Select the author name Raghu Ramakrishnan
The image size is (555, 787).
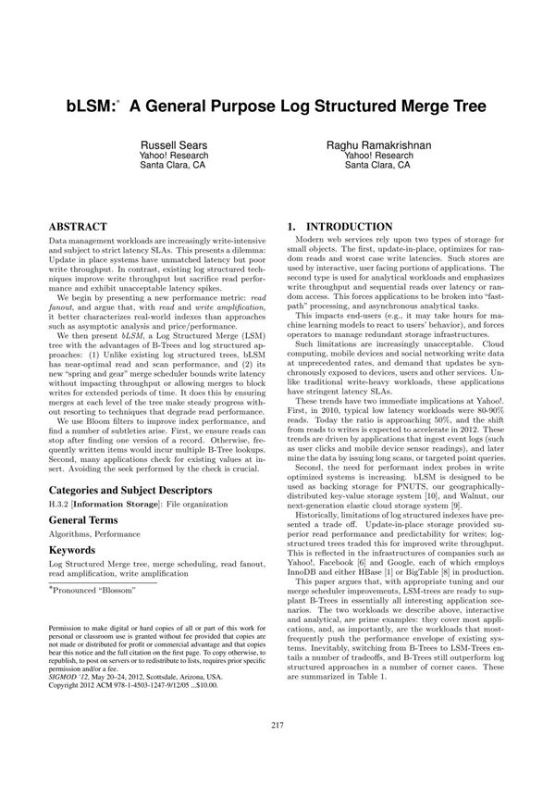pos(379,146)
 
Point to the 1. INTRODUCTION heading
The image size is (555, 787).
pos(340,227)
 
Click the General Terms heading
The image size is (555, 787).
pos(86,521)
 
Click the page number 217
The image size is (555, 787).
pos(277,750)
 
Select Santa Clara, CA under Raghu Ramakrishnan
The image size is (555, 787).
pos(379,167)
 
